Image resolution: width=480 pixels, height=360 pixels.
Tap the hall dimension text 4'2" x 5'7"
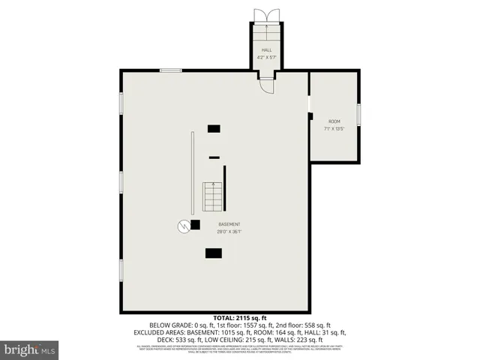point(267,57)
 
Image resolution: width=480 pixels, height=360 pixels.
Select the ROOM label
point(334,121)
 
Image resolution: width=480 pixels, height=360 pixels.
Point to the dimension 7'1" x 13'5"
point(334,128)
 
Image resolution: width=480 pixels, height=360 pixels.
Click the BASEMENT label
point(229,225)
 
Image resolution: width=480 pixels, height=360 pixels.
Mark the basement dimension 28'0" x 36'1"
point(229,232)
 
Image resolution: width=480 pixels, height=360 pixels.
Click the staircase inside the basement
point(214,196)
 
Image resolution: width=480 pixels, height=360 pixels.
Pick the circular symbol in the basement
point(183,225)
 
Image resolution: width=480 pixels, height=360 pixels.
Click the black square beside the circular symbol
point(195,223)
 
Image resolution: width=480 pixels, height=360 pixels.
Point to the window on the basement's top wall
point(170,70)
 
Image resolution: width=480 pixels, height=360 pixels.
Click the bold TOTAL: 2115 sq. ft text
point(240,317)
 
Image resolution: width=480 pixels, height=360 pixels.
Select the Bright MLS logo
point(30,349)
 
